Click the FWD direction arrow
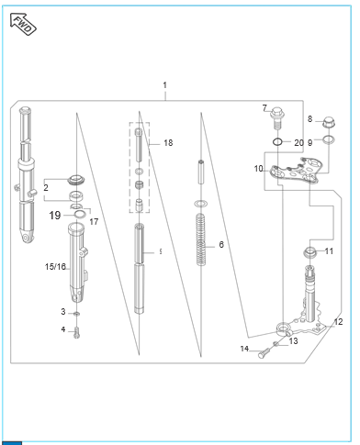point(23,24)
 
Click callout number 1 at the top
point(165,85)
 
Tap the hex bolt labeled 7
point(277,118)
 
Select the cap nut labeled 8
point(329,122)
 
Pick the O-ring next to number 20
point(277,142)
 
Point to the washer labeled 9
point(329,139)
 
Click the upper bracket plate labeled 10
point(297,171)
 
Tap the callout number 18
point(168,143)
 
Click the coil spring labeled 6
point(200,239)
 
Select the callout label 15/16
point(55,267)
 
